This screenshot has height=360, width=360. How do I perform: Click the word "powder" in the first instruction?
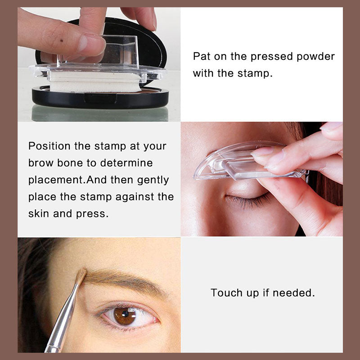click(315, 57)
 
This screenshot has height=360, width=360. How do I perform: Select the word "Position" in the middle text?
click(49, 146)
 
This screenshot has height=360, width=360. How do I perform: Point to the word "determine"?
click(126, 163)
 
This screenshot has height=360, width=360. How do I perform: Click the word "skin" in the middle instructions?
click(38, 213)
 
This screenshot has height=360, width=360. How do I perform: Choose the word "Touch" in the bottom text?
click(227, 293)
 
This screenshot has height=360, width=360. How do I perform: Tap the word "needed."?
click(294, 293)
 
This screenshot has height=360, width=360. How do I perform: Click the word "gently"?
click(153, 180)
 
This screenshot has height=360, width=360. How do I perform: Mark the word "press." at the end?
click(92, 214)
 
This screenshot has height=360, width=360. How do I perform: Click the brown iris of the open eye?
click(125, 316)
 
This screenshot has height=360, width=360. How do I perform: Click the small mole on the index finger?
click(62, 41)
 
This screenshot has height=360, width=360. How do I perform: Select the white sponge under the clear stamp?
click(95, 82)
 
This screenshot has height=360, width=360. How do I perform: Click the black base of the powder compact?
click(100, 98)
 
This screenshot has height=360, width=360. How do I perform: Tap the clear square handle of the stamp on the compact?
click(119, 52)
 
